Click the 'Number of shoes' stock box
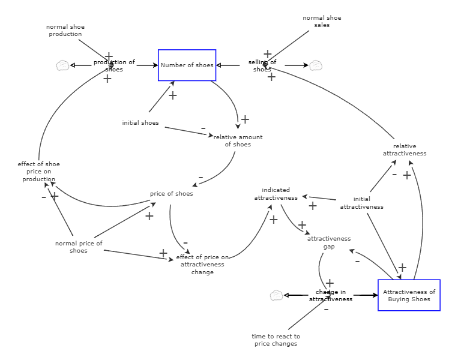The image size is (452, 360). (x=187, y=65)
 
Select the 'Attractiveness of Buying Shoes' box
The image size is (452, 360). (x=409, y=295)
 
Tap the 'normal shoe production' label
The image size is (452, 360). (x=65, y=30)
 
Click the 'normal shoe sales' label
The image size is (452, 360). (x=322, y=21)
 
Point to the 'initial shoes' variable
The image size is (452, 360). (x=140, y=123)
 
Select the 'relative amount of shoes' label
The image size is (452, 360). (x=238, y=140)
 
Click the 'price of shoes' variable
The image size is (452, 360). (x=172, y=193)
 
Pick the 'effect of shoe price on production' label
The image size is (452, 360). (x=39, y=172)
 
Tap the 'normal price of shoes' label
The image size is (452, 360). (x=79, y=247)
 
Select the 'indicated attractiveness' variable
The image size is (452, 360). (x=276, y=194)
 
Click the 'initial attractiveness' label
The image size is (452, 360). (x=361, y=203)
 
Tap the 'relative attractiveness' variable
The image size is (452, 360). (x=405, y=149)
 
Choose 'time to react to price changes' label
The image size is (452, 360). (x=276, y=340)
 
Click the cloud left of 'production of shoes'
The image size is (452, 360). (x=62, y=65)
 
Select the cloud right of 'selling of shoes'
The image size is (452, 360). (x=316, y=65)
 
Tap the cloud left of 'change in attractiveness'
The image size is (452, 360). (x=276, y=295)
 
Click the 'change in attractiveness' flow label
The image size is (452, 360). (x=331, y=295)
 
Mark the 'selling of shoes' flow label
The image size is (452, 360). (x=262, y=65)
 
